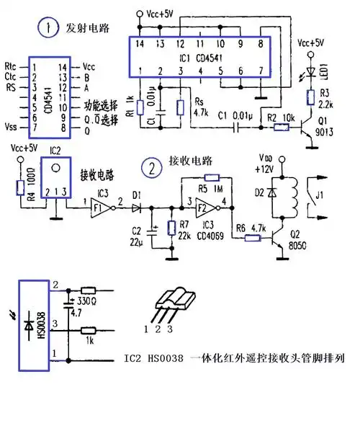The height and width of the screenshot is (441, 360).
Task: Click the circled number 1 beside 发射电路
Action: tap(48, 29)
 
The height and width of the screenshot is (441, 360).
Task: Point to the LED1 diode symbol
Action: tap(311, 71)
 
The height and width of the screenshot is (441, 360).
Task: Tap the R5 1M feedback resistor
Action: tap(210, 177)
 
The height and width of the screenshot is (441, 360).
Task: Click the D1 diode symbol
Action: tap(137, 206)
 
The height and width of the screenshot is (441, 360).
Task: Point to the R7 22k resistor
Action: tap(171, 228)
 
